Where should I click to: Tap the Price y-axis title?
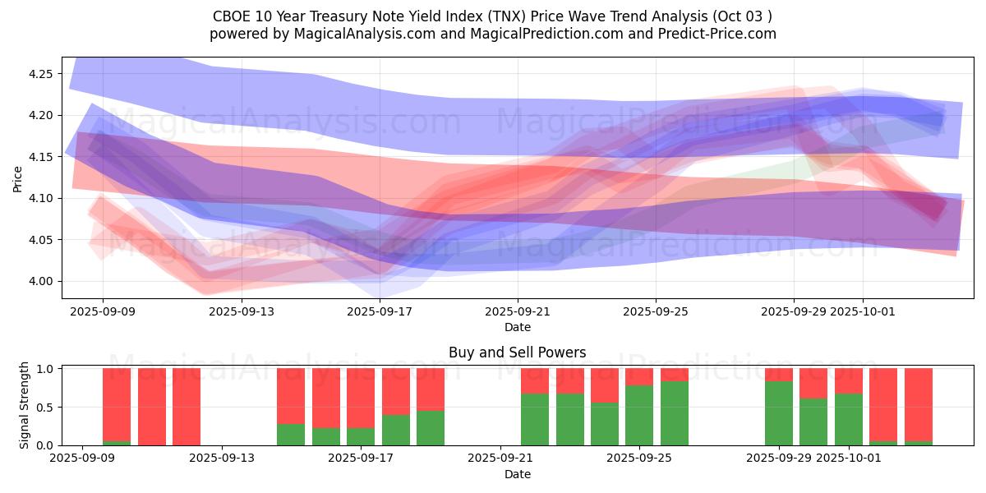point(18,178)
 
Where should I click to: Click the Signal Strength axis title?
point(25,405)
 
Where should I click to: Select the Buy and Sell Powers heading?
point(517,352)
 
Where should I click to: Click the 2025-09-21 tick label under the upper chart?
point(518,311)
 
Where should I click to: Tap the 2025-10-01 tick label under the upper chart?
point(863,311)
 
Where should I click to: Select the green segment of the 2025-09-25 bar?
point(639,415)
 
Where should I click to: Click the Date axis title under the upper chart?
point(517,327)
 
